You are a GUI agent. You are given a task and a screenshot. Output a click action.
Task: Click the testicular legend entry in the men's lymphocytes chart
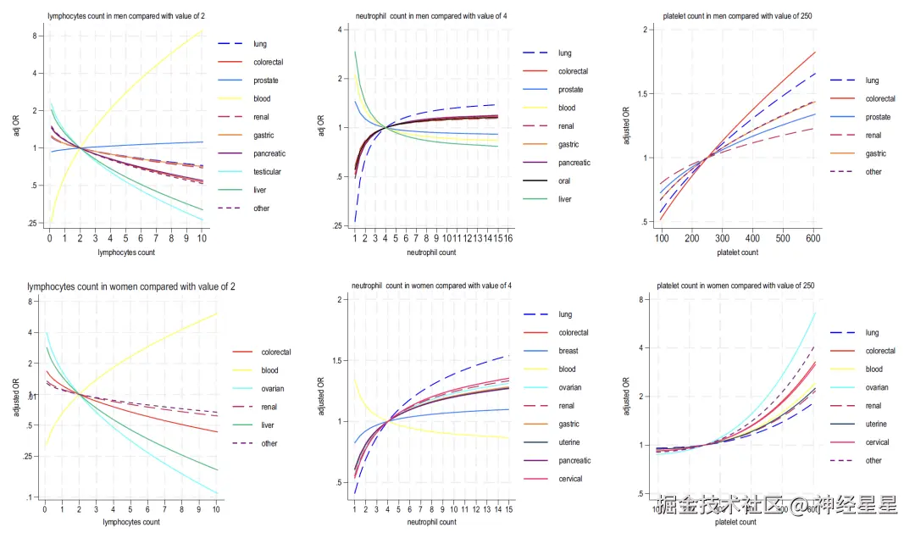[x=267, y=172]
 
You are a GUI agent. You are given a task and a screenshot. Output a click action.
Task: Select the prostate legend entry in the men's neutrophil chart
[x=570, y=90]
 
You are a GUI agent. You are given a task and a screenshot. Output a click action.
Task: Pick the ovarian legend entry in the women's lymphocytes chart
[x=273, y=389]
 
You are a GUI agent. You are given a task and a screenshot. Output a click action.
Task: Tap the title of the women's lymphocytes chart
[x=131, y=286]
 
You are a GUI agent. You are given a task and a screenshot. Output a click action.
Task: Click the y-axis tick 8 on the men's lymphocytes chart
[x=35, y=36]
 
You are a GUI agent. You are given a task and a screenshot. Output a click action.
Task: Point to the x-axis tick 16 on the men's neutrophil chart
[x=509, y=240]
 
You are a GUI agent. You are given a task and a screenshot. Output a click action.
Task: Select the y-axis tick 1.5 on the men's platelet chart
[x=646, y=93]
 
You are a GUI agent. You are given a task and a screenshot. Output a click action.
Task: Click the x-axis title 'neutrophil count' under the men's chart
[x=431, y=253]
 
